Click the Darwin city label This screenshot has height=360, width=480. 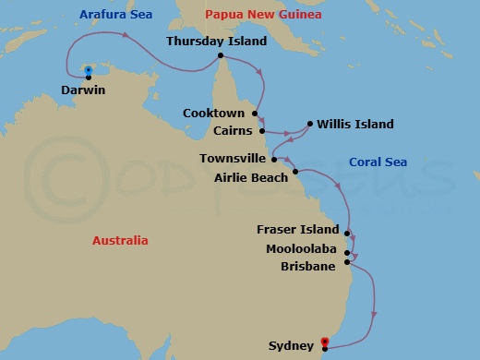click(x=81, y=91)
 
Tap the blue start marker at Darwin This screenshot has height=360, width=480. click(x=87, y=71)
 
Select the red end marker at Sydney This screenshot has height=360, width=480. click(x=324, y=341)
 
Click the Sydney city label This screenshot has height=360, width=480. click(x=291, y=347)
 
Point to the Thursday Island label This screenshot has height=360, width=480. click(x=216, y=42)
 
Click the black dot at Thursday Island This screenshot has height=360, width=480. click(x=221, y=55)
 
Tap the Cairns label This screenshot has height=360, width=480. click(x=231, y=130)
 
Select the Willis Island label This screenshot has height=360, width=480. click(x=355, y=125)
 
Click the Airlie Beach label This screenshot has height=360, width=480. click(x=250, y=175)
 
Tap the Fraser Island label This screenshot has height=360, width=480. click(x=299, y=229)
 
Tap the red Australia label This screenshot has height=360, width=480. click(x=119, y=240)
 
